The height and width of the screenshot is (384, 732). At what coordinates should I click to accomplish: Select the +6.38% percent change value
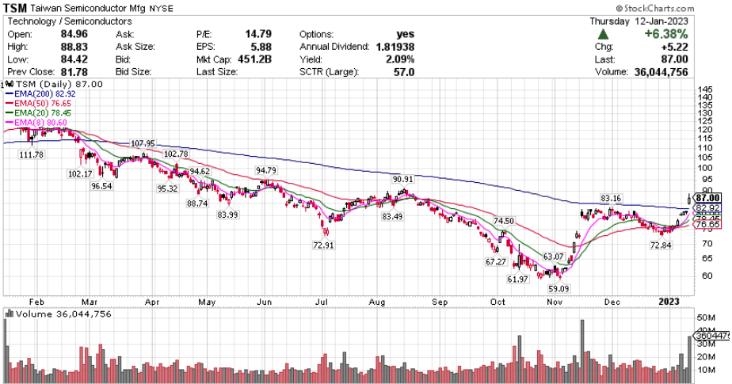click(665, 35)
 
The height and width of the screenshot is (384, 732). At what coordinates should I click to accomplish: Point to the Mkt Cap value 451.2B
click(263, 60)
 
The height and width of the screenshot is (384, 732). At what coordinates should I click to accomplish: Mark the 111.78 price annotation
click(32, 154)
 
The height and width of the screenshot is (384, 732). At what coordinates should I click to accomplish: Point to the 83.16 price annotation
click(611, 198)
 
